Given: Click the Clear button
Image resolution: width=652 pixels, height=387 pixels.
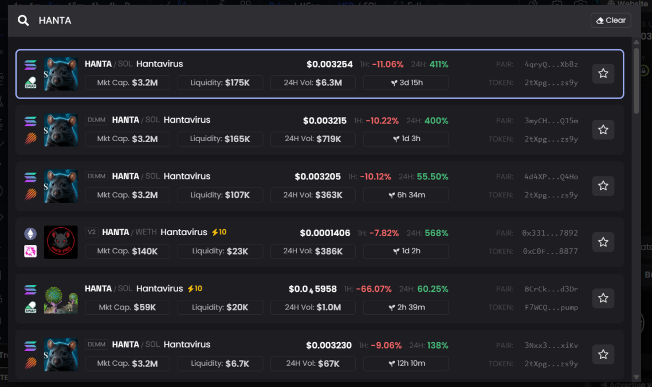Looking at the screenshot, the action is tap(611, 21).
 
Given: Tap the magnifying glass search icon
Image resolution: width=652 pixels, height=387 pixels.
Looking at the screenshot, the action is tap(23, 21).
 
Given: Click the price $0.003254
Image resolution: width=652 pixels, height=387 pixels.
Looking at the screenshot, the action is tap(329, 64).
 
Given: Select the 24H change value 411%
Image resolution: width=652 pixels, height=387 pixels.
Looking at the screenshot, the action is tap(439, 64).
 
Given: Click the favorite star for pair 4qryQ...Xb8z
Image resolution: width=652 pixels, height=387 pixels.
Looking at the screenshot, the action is tap(603, 73).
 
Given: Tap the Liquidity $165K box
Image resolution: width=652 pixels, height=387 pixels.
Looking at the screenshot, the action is tap(220, 139).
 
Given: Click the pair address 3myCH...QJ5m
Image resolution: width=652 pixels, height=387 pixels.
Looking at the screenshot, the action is tap(551, 120).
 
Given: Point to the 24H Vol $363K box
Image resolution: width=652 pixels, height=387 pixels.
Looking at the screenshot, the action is tap(313, 195).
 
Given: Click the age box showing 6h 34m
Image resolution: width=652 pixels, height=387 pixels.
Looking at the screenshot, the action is tap(406, 195).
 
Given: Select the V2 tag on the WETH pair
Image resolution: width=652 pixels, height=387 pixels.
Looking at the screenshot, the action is tap(92, 232).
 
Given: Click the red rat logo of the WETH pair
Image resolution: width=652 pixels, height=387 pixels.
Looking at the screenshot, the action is tap(61, 242).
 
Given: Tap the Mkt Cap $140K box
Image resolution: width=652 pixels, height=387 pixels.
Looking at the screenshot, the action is tap(127, 251).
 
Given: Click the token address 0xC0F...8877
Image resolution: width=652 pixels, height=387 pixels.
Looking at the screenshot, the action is tap(550, 251).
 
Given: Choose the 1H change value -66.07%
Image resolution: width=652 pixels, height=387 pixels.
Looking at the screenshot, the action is tap(374, 289).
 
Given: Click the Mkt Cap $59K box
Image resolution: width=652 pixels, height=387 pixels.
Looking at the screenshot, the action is tap(127, 307).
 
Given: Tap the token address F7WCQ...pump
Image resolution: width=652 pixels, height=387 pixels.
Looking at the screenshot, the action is tap(551, 307).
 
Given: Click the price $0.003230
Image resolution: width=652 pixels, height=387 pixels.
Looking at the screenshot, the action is tap(328, 345).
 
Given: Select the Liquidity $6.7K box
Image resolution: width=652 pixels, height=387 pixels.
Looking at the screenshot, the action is tap(220, 363).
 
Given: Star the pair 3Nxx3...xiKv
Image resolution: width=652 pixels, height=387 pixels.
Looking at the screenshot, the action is tap(603, 354).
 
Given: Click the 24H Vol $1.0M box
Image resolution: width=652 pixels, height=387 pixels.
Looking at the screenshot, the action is tap(313, 307).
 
